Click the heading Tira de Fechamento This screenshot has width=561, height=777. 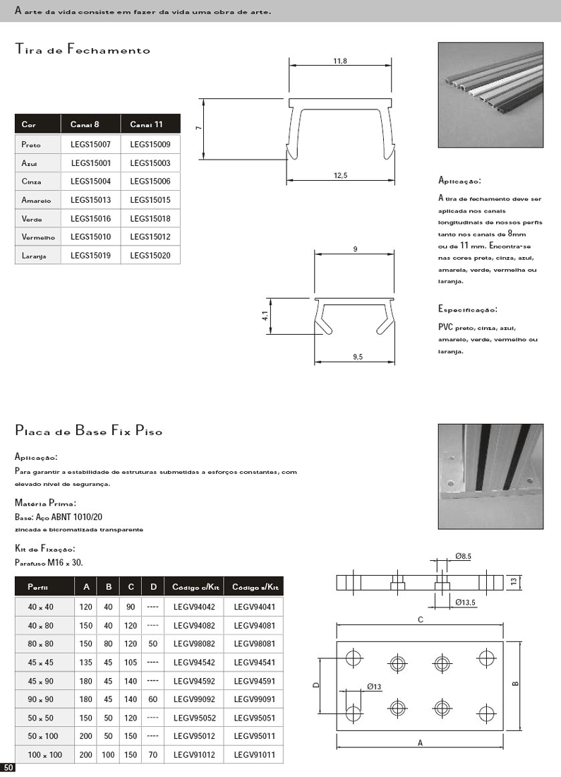click(x=83, y=49)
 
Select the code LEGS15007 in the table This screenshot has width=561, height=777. click(x=90, y=145)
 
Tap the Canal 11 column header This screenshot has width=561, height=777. click(x=147, y=125)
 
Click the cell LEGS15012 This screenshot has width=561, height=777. click(x=150, y=237)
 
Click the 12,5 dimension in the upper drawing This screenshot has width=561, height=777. click(x=340, y=175)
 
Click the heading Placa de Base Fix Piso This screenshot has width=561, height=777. click(x=89, y=430)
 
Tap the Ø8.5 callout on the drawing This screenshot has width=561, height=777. click(x=462, y=557)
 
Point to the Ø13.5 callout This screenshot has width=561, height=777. click(x=466, y=602)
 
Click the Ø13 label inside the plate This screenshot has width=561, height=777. click(x=374, y=687)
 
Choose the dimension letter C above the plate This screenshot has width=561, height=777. click(x=421, y=619)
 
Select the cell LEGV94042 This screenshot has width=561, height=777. click(x=193, y=606)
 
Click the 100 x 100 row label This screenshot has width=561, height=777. click(x=45, y=755)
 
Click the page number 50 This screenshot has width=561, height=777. click(x=8, y=767)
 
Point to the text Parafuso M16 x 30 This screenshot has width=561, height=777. click(x=49, y=562)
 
